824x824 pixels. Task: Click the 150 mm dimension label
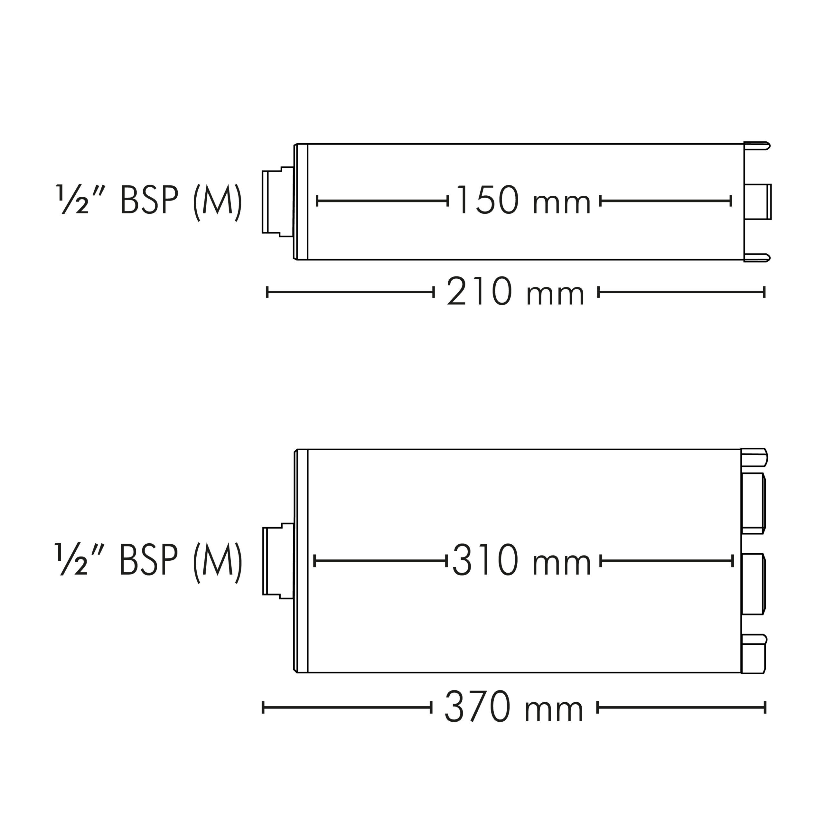coord(524,200)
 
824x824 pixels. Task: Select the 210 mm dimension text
coord(515,291)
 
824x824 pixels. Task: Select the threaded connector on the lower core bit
coord(278,561)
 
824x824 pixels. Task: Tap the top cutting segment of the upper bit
coord(757,146)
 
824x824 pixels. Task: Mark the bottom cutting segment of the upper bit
coord(757,257)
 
